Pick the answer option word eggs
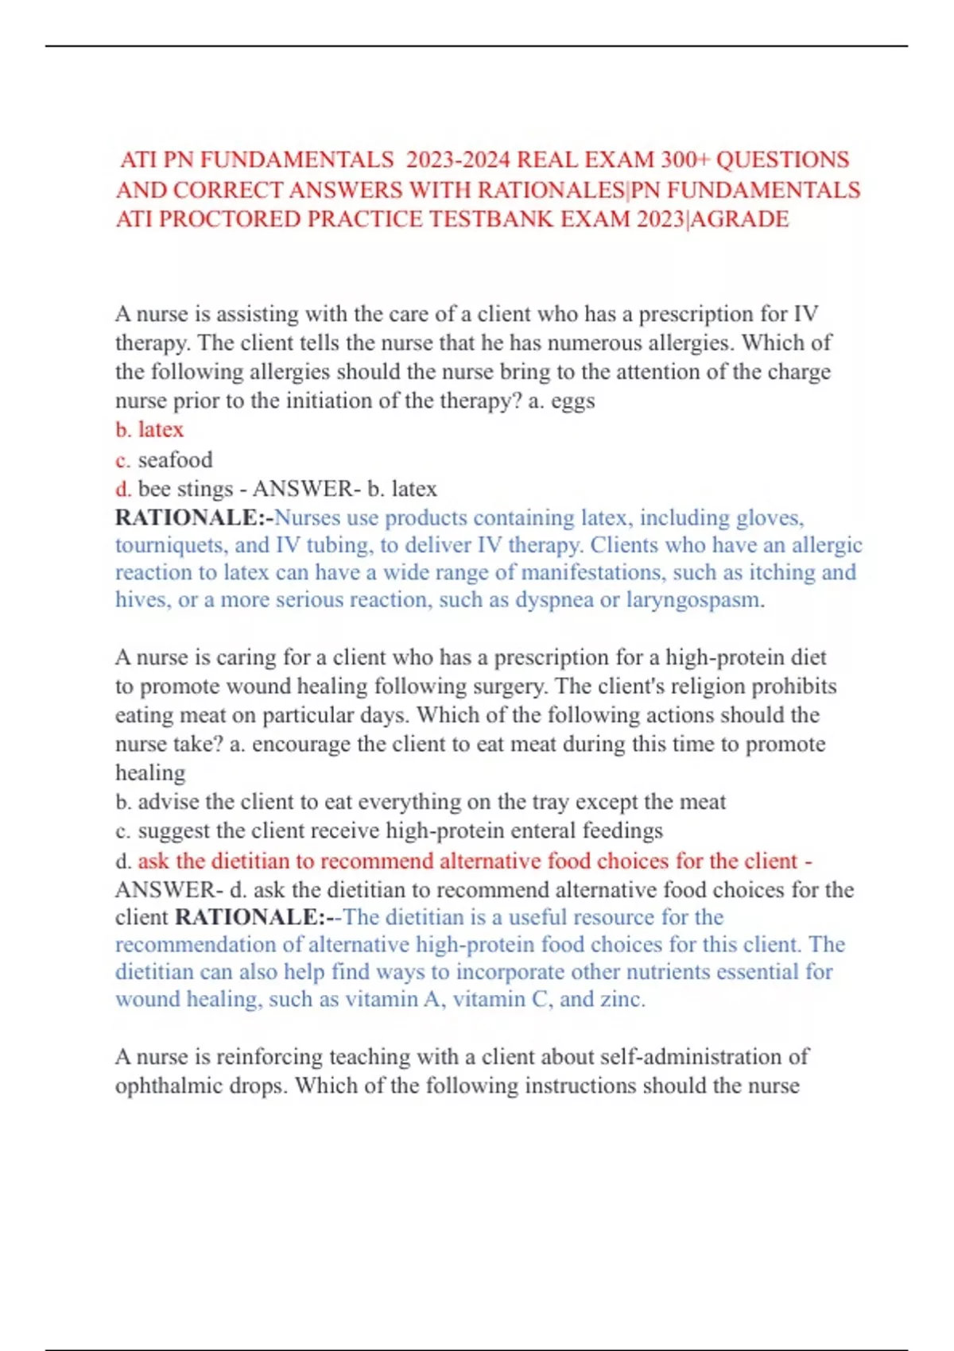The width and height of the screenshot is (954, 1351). click(x=572, y=401)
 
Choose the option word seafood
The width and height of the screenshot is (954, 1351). click(x=175, y=459)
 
